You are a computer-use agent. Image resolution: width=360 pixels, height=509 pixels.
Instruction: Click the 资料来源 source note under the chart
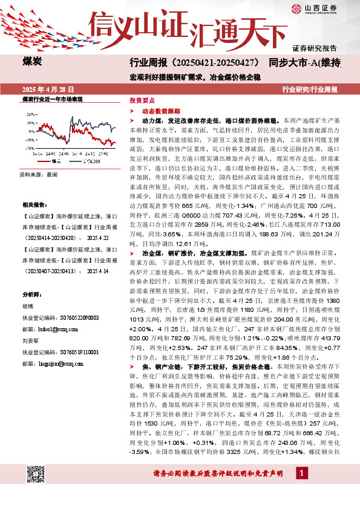coord(39,174)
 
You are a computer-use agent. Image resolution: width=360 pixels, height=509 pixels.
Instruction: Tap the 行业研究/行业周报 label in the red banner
coord(310,89)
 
